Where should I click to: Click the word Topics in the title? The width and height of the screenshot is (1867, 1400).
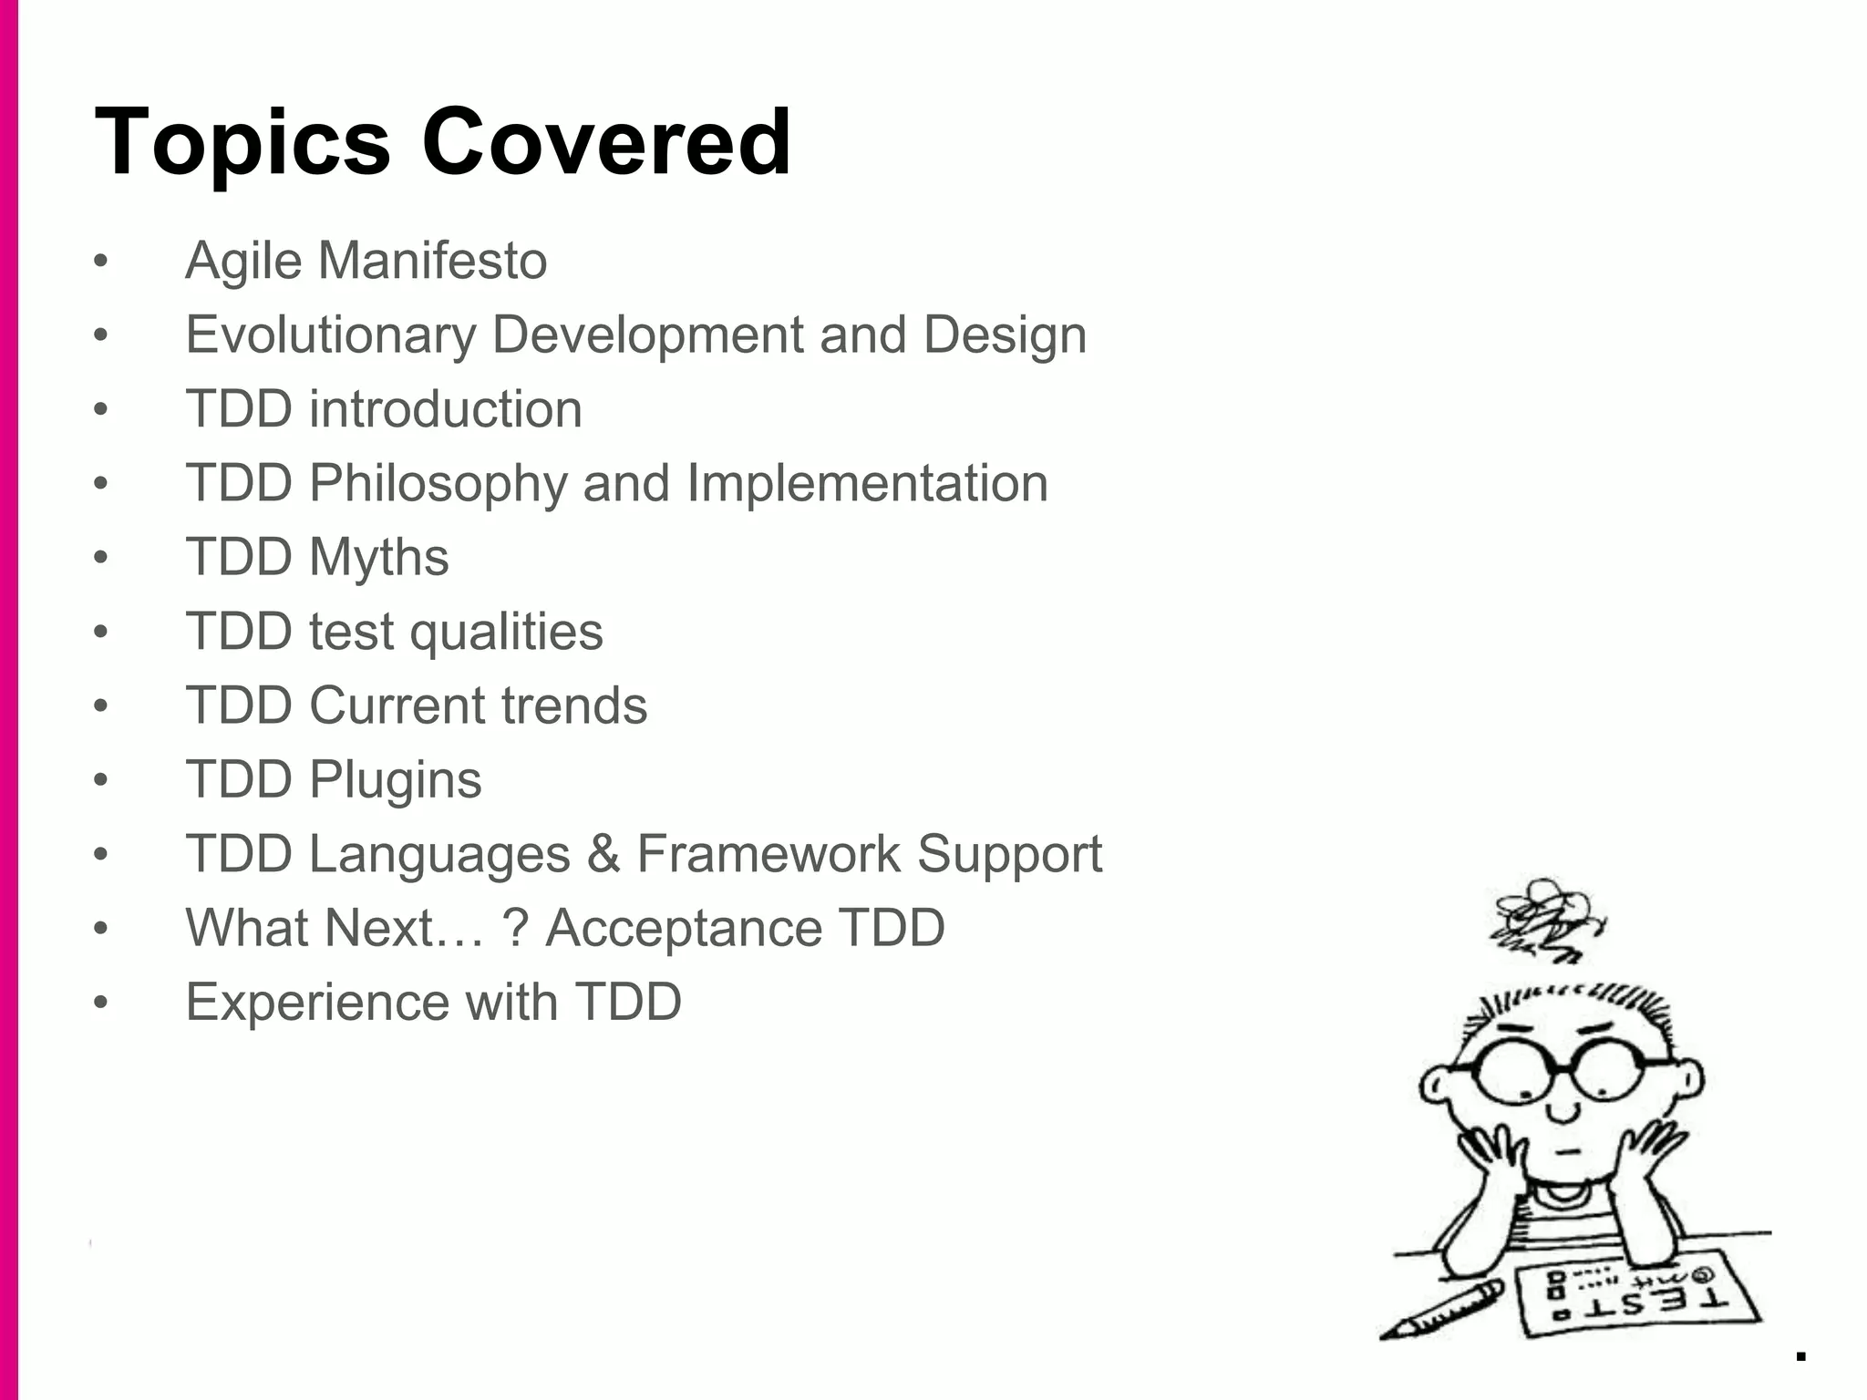(x=242, y=144)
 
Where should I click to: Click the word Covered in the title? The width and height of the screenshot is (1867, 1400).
(x=606, y=142)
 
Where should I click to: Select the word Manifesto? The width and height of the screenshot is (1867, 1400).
(x=432, y=261)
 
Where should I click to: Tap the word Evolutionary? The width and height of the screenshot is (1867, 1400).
(x=330, y=335)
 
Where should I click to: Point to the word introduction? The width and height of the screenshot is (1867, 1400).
(x=445, y=408)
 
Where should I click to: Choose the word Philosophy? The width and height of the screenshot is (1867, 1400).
(x=438, y=483)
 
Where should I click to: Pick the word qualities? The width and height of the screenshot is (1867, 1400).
(x=506, y=632)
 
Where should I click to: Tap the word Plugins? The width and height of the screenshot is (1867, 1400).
(x=395, y=780)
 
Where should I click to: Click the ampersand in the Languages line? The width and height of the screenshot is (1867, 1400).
(x=603, y=854)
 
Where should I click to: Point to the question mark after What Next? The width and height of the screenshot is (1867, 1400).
(x=515, y=928)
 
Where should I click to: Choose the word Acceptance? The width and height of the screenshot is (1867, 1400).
(x=684, y=928)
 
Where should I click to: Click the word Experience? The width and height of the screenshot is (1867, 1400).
(x=317, y=1002)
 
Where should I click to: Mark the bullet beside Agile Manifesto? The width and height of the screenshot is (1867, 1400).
(x=100, y=262)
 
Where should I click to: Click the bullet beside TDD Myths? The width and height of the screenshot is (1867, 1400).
(x=100, y=557)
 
